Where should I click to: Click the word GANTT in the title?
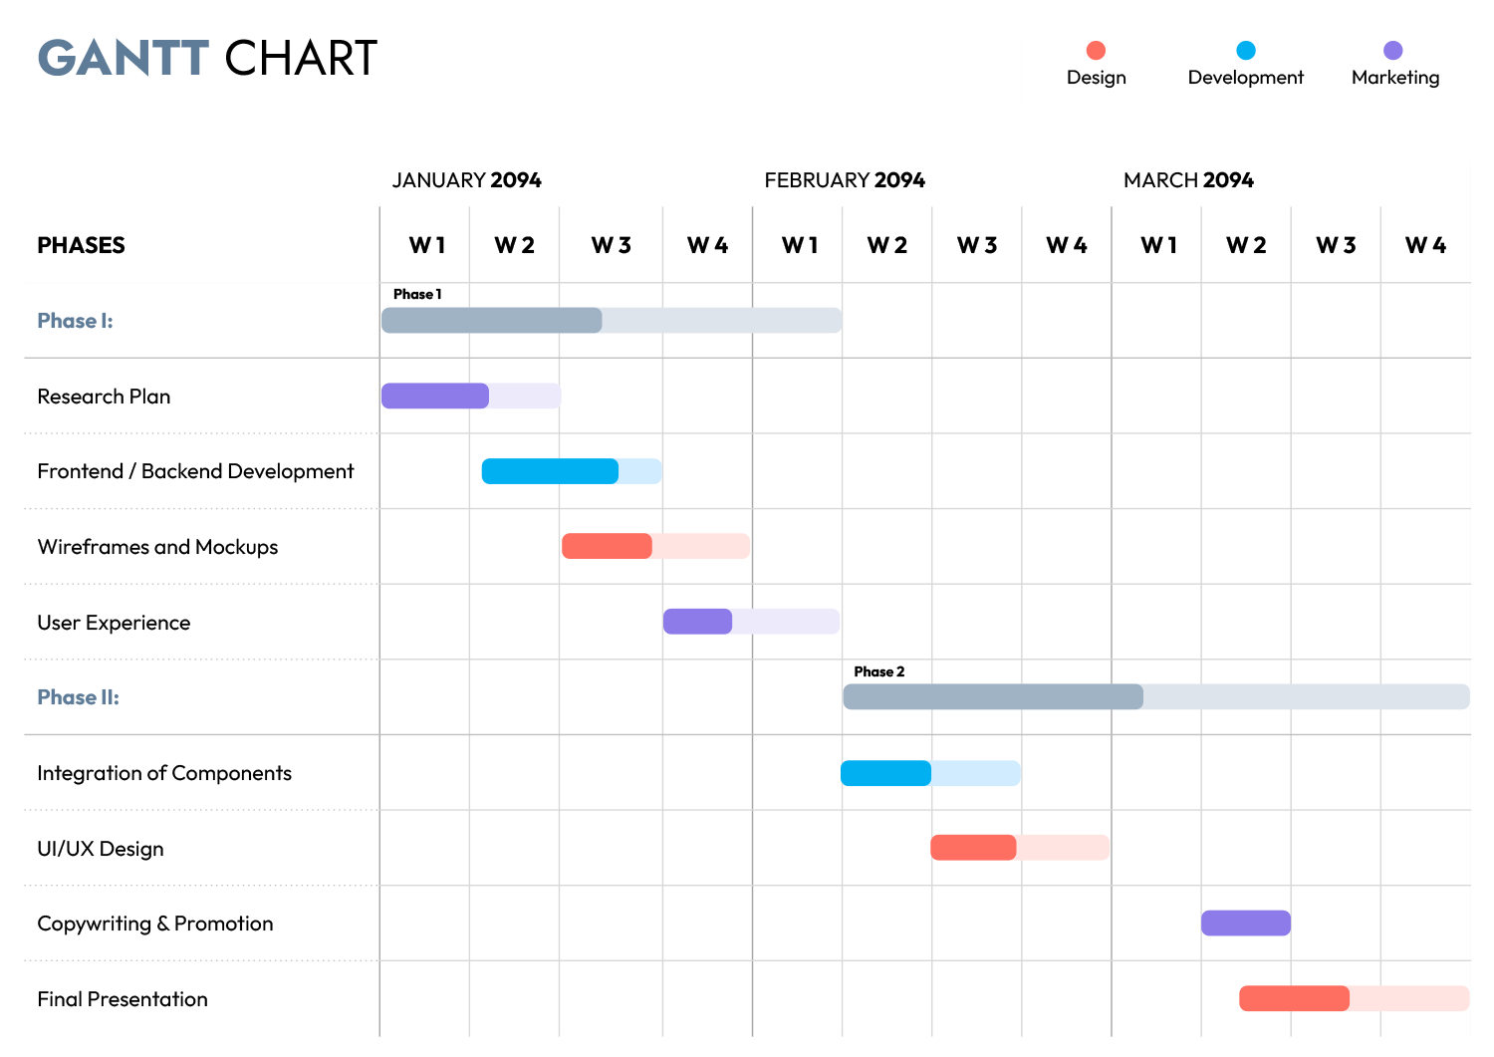[x=124, y=59]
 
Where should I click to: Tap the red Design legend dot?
[x=1096, y=50]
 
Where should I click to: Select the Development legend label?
[x=1245, y=78]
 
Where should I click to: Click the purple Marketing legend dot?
[x=1393, y=50]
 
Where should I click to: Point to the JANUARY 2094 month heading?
[x=466, y=180]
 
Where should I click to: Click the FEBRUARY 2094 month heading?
[x=845, y=180]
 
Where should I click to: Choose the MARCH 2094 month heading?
[x=1188, y=180]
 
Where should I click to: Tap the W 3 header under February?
[x=977, y=245]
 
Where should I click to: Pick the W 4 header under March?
[x=1425, y=245]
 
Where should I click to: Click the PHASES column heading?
[x=81, y=245]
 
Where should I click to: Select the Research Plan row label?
[x=104, y=396]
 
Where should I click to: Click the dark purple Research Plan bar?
[x=435, y=396]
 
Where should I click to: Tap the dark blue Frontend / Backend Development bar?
[x=550, y=471]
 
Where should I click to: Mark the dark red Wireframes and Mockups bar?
[x=607, y=546]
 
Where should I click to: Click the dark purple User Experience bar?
[x=697, y=622]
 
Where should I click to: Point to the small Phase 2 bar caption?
[x=878, y=672]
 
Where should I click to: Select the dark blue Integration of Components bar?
[x=885, y=773]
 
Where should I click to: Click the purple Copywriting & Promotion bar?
[x=1245, y=924]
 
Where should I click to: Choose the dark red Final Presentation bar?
[x=1294, y=998]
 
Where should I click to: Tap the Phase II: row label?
[x=78, y=697]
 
